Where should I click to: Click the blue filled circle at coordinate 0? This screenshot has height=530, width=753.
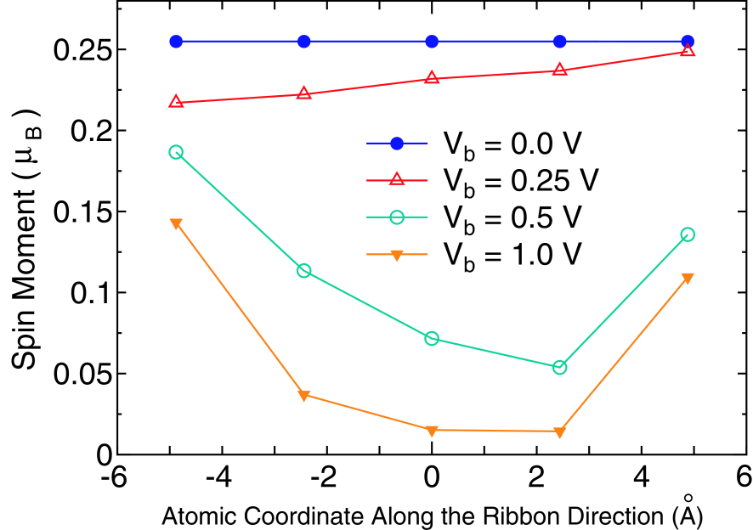[432, 42]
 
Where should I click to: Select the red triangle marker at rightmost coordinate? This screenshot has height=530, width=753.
[688, 51]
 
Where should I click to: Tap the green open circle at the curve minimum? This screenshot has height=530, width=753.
[559, 367]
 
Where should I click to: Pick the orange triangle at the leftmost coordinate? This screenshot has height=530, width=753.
[176, 223]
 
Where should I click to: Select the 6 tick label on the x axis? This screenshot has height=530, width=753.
[742, 477]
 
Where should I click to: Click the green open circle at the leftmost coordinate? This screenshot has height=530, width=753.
[176, 152]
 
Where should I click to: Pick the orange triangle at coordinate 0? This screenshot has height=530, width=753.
[432, 430]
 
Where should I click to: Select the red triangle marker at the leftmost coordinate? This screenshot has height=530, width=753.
[176, 102]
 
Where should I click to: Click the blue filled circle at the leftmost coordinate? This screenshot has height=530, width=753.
[176, 42]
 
